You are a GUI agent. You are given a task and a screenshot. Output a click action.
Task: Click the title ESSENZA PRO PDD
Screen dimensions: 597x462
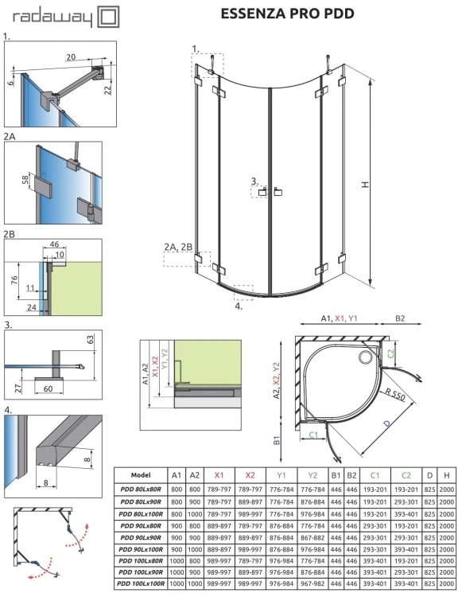coord(275,14)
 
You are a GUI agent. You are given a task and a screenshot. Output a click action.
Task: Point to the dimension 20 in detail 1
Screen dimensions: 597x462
coord(71,57)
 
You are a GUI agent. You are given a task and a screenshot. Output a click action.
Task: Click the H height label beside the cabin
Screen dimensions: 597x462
coord(365,185)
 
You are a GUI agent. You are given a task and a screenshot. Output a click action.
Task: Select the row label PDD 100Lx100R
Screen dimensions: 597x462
coord(141,583)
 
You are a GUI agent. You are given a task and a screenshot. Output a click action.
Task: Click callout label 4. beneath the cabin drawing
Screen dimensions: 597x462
coord(239,304)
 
